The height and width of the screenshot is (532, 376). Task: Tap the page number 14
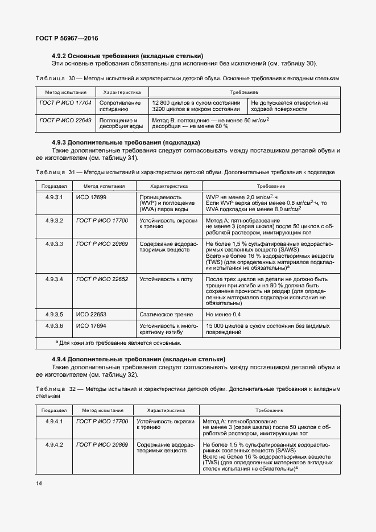39,483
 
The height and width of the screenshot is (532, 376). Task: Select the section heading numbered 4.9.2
127,56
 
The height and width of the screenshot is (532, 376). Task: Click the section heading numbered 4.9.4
138,359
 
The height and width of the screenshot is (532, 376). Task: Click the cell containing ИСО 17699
91,197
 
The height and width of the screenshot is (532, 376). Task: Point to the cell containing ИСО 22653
91,314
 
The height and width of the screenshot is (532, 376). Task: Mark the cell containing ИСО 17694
91,326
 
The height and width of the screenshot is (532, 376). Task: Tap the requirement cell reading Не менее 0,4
223,314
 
